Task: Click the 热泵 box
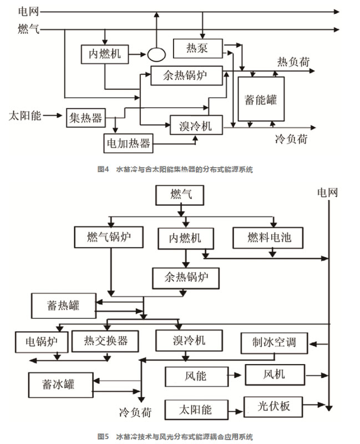(x=198, y=48)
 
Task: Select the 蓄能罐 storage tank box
(x=261, y=99)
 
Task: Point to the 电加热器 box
(x=128, y=143)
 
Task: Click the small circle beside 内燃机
(x=156, y=54)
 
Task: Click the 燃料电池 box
(x=269, y=238)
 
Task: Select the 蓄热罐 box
(x=64, y=304)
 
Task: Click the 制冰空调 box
(x=276, y=342)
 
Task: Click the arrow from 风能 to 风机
(x=234, y=376)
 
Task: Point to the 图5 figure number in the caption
(x=103, y=436)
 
